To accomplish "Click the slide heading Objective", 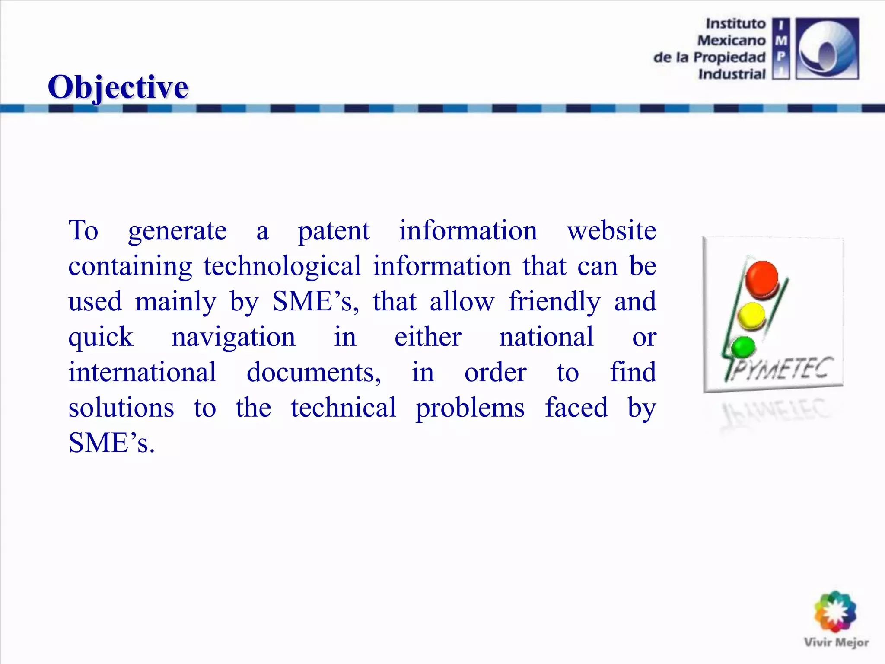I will (x=118, y=87).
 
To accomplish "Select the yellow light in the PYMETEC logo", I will (x=751, y=315).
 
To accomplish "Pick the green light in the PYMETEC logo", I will (x=743, y=347).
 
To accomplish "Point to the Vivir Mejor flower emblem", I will (x=835, y=612).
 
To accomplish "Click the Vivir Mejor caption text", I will (x=836, y=642).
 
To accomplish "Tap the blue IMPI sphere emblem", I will (x=827, y=48).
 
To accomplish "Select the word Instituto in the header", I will (x=735, y=23).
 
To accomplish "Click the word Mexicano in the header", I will (x=731, y=40).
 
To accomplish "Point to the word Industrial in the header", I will (x=732, y=74).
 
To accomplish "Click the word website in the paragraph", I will (x=611, y=230).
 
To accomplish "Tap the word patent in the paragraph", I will (x=334, y=231).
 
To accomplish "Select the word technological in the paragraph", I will (x=282, y=266).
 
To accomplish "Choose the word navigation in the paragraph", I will (x=233, y=337).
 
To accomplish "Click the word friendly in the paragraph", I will (x=554, y=302).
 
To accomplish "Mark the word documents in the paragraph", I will (x=314, y=372).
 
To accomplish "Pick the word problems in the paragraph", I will (x=470, y=408).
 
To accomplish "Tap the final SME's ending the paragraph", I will (x=111, y=443).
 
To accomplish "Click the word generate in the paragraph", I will (x=177, y=231).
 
